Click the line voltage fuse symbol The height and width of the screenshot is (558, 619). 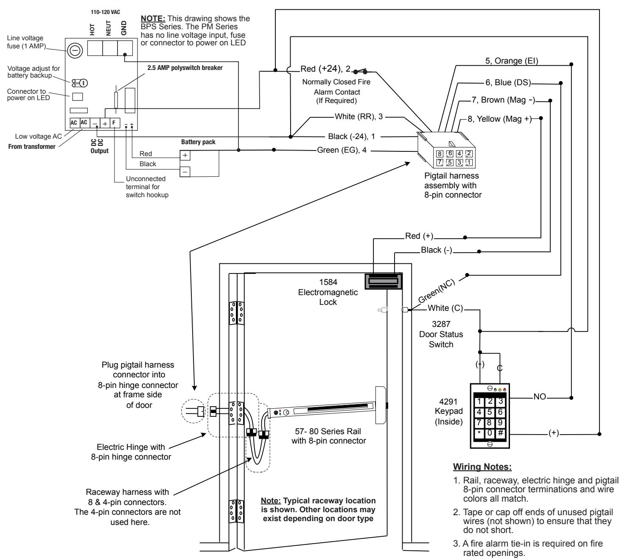[x=75, y=50]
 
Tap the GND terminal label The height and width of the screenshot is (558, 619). [x=124, y=28]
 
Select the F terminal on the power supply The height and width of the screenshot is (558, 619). [x=114, y=123]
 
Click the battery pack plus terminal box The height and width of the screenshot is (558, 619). [x=185, y=155]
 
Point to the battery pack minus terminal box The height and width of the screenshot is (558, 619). [x=185, y=171]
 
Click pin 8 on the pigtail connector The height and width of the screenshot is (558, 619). [x=440, y=153]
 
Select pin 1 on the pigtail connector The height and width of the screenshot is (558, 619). [x=469, y=162]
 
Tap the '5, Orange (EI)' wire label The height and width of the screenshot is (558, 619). [x=512, y=61]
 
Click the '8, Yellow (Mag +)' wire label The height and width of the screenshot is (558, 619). [x=500, y=119]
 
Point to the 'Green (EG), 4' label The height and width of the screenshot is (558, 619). [x=342, y=150]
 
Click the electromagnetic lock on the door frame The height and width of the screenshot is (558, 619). [x=384, y=281]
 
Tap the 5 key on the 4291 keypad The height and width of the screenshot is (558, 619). [x=490, y=412]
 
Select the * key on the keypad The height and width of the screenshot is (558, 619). [x=479, y=433]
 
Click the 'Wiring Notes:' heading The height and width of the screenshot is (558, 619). [x=482, y=467]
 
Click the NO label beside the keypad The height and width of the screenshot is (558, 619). [x=540, y=397]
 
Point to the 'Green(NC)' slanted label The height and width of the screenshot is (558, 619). [x=437, y=291]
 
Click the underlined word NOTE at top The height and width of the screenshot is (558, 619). [x=153, y=19]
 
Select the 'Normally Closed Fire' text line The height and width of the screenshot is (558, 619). [x=336, y=82]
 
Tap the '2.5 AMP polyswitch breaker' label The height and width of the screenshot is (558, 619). [x=185, y=67]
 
